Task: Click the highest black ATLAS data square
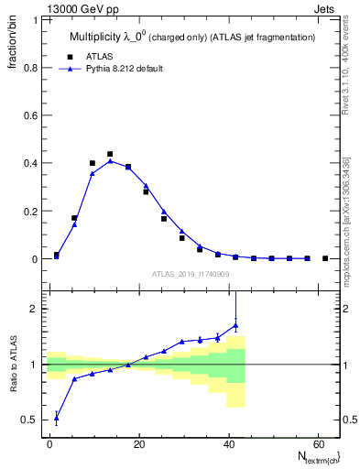(110, 154)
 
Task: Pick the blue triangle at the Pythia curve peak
(110, 160)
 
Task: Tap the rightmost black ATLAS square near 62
(325, 258)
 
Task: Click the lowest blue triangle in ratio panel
(57, 418)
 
